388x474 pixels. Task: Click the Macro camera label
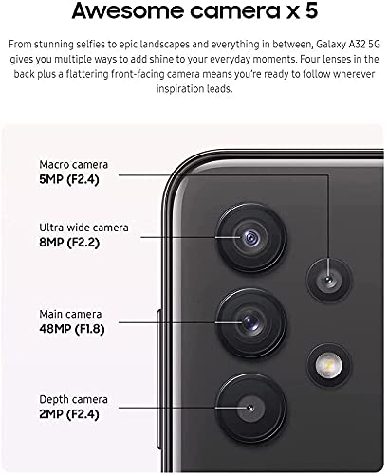(72, 163)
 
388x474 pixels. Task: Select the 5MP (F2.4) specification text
(74, 178)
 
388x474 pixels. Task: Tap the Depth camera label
(72, 399)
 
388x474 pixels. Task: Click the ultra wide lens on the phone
(250, 236)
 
